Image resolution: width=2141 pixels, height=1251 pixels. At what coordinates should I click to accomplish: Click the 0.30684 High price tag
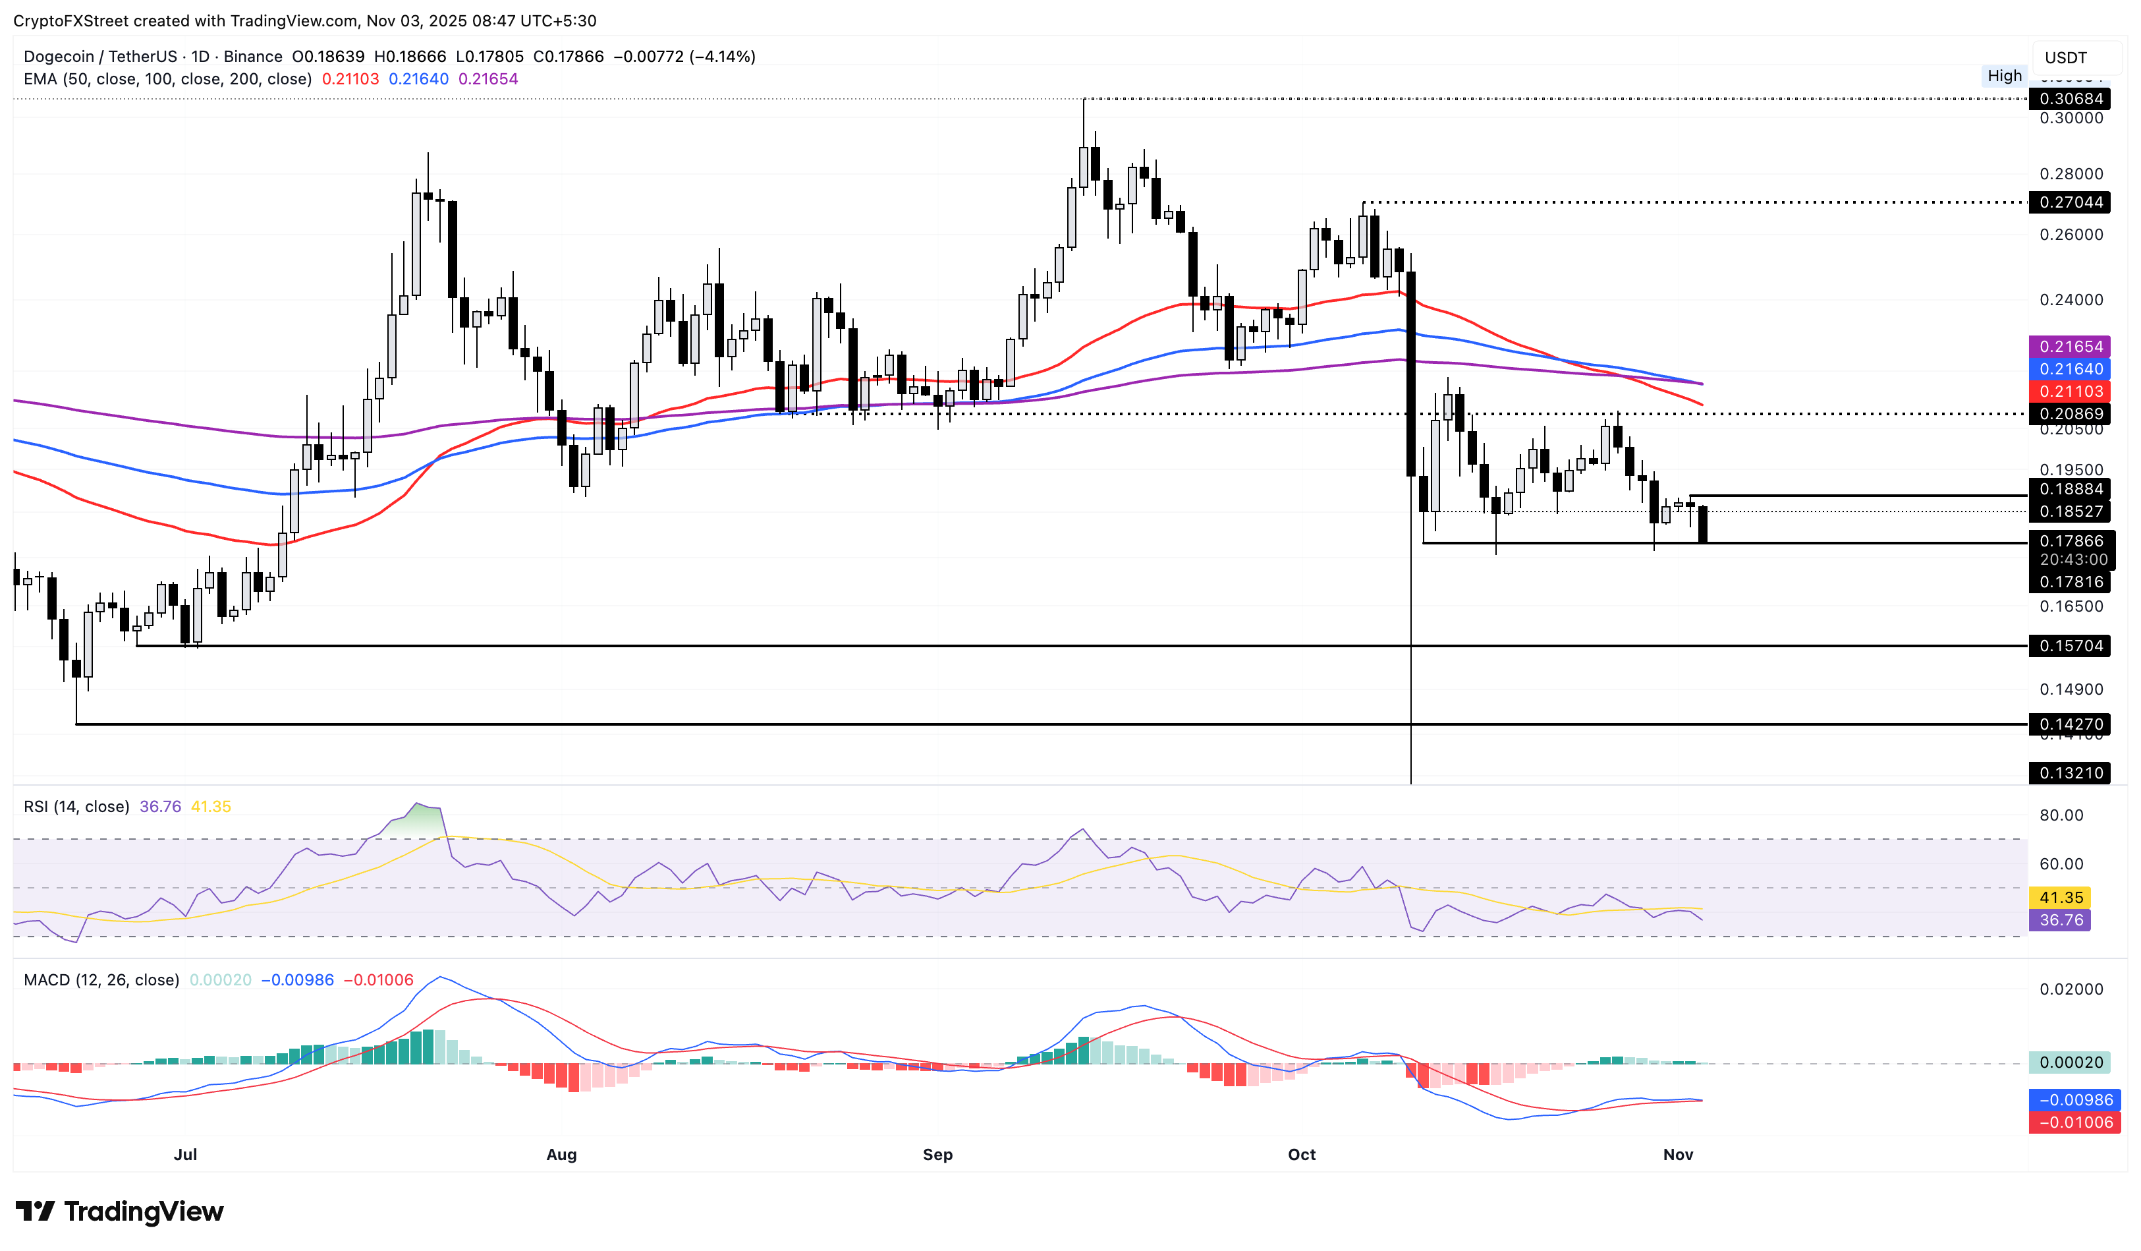pyautogui.click(x=2071, y=99)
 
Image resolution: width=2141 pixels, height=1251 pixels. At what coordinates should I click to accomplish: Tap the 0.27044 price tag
pyautogui.click(x=2071, y=202)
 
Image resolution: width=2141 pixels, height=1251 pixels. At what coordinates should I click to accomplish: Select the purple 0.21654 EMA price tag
pyautogui.click(x=2071, y=347)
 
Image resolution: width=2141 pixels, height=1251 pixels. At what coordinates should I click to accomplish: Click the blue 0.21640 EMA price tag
pyautogui.click(x=2071, y=369)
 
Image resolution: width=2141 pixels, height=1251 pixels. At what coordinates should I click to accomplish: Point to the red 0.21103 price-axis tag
pyautogui.click(x=2071, y=392)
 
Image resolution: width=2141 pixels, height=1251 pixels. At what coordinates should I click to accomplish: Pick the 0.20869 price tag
pyautogui.click(x=2071, y=414)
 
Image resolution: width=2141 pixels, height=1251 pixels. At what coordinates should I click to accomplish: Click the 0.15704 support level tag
pyautogui.click(x=2071, y=646)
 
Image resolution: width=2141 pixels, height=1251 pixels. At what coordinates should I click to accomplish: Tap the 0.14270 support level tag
pyautogui.click(x=2071, y=724)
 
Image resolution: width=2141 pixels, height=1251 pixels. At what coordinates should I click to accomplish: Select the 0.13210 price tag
pyautogui.click(x=2071, y=773)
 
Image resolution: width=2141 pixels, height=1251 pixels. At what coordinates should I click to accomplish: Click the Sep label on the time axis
pyautogui.click(x=937, y=1155)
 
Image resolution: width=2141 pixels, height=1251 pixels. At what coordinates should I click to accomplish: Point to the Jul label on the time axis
pyautogui.click(x=185, y=1155)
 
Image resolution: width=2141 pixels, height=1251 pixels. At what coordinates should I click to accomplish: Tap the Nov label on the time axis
pyautogui.click(x=1678, y=1155)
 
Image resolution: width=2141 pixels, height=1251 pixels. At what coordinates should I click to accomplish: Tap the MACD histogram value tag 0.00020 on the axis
pyautogui.click(x=2071, y=1062)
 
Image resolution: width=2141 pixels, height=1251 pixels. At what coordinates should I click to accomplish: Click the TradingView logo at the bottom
pyautogui.click(x=120, y=1211)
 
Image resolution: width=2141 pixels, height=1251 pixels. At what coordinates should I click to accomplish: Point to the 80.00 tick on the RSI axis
pyautogui.click(x=2061, y=816)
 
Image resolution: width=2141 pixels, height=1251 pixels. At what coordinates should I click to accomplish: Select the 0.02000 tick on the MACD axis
pyautogui.click(x=2071, y=989)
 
